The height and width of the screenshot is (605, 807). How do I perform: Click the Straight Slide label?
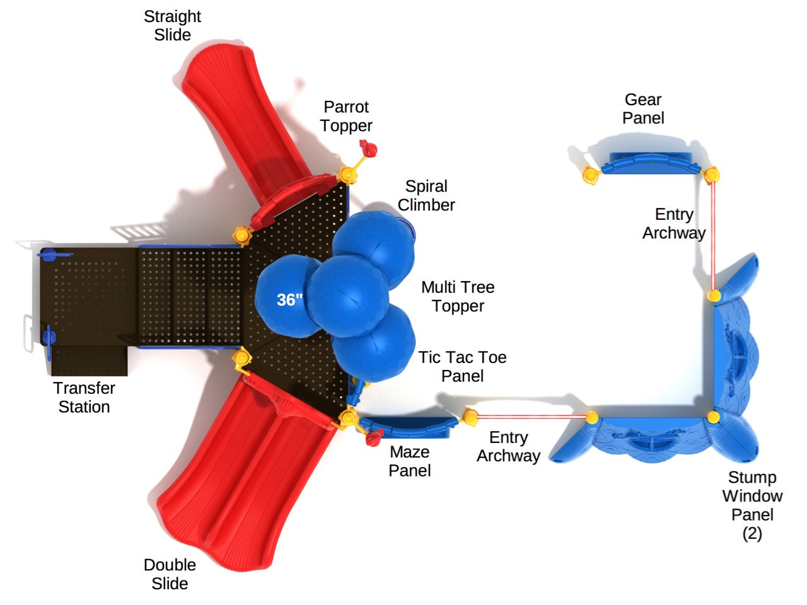click(x=172, y=26)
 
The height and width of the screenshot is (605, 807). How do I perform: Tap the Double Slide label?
click(x=170, y=574)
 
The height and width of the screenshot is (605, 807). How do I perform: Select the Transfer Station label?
click(x=84, y=398)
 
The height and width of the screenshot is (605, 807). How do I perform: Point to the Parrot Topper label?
click(x=346, y=117)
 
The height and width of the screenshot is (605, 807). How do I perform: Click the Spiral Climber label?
click(x=426, y=195)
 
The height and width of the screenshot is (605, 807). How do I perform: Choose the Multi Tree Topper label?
click(x=458, y=296)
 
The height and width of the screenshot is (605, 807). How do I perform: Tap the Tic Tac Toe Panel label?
click(x=462, y=366)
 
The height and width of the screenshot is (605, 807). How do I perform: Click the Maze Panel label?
click(x=410, y=461)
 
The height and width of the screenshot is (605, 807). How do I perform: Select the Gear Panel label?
click(x=643, y=108)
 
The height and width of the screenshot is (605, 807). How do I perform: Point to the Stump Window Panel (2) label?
click(x=752, y=505)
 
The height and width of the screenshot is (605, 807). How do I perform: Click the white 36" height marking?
click(x=289, y=300)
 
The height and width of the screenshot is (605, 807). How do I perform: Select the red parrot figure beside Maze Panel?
click(x=375, y=436)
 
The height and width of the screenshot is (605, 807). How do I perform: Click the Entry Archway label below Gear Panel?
click(x=673, y=224)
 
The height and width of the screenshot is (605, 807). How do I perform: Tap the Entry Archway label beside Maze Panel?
click(x=508, y=447)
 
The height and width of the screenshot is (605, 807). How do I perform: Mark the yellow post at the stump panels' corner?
click(x=713, y=417)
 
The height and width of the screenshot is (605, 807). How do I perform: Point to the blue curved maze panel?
click(x=410, y=426)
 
